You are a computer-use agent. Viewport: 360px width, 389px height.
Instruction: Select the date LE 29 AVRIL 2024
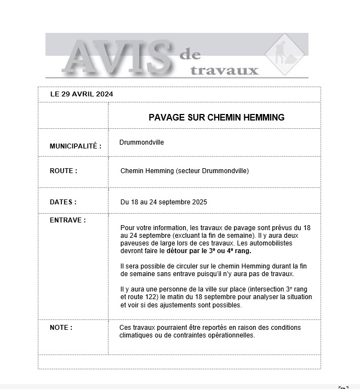(82, 94)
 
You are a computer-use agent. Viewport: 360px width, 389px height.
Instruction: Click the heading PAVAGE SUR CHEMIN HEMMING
(216, 117)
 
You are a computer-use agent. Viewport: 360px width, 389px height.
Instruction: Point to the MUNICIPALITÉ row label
(76, 146)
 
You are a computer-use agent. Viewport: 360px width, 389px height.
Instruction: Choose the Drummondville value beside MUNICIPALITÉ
(141, 142)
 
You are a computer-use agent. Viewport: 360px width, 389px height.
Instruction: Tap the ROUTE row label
(64, 171)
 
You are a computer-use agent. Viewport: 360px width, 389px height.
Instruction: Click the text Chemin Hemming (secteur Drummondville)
(185, 171)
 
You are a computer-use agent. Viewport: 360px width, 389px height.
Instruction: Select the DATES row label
(63, 202)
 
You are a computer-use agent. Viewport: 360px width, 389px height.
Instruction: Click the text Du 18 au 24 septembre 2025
(164, 202)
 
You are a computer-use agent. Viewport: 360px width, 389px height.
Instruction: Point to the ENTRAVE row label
(68, 220)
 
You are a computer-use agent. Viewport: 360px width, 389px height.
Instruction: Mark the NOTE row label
(61, 328)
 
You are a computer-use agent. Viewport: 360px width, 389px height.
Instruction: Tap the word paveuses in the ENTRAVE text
(134, 243)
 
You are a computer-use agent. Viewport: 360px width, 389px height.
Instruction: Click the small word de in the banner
(190, 55)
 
